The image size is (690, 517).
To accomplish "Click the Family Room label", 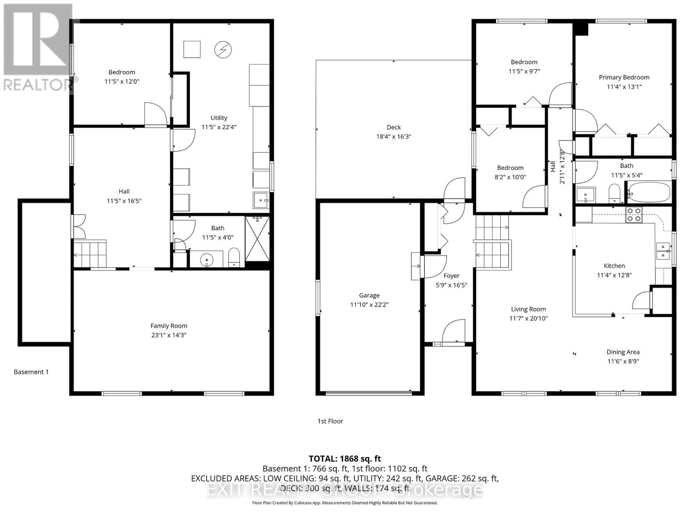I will point(169,326).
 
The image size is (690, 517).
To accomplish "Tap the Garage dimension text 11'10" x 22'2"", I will point(369,305).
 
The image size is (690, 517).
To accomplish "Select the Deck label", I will point(393,127).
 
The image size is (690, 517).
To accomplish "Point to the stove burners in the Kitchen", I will point(634,215).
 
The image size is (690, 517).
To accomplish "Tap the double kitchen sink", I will point(663,251).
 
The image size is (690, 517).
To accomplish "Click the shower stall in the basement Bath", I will point(257,239).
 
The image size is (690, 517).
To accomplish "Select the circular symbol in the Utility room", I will point(223,50).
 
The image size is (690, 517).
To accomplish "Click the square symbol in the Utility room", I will point(192,49).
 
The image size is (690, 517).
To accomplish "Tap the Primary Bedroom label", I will point(624,77).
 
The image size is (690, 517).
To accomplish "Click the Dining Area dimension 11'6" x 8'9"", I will point(623,361).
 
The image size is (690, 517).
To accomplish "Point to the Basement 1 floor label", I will point(31,372).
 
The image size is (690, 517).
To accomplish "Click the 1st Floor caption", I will point(330,421).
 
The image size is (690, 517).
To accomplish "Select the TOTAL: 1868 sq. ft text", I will point(345,459).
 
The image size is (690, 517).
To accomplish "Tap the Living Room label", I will point(528,309).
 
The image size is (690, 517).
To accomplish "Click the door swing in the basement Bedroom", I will point(155,113).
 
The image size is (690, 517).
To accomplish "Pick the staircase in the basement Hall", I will point(90,254).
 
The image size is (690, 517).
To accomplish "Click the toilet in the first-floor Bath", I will point(614,193).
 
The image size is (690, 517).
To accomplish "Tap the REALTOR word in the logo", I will point(38,84).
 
